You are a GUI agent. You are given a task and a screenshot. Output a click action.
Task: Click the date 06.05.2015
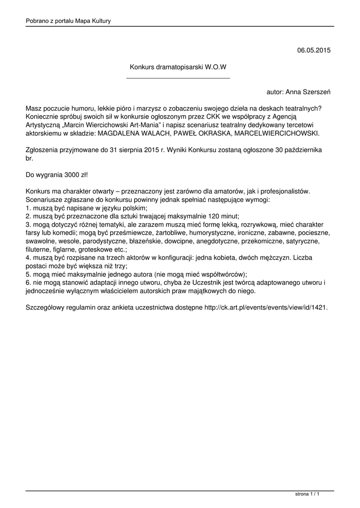pos(313,50)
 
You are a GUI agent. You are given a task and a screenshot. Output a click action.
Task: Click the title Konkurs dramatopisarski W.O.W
pos(178,66)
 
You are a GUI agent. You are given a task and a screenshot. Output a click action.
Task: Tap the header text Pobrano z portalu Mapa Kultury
pos(68,21)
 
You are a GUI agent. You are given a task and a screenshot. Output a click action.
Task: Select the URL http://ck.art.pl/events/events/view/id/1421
pos(265,308)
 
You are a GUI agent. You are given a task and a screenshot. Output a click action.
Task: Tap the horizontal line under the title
pos(178,78)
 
